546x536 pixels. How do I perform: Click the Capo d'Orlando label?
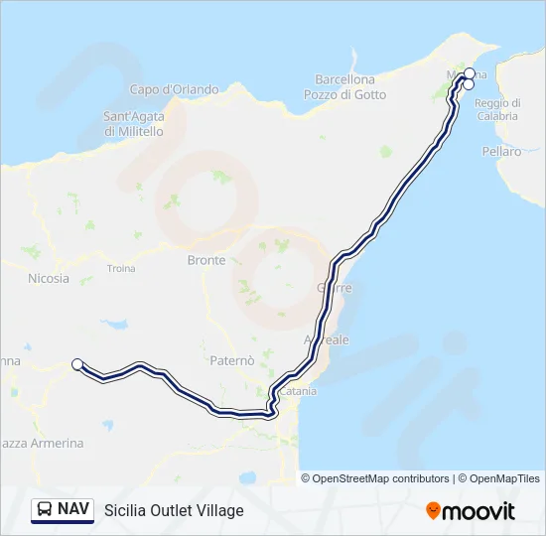174,89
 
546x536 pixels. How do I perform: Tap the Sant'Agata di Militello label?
134,123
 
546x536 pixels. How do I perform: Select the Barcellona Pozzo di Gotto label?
344,87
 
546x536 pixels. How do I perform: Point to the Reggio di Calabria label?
496,109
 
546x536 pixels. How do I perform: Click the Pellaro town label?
501,152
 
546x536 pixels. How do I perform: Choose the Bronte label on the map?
206,260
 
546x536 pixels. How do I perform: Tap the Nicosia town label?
49,278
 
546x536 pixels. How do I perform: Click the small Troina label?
121,268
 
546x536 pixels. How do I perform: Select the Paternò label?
233,359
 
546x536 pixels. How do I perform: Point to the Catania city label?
298,391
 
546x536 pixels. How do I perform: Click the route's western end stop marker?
77,364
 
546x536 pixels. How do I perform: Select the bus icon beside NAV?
45,510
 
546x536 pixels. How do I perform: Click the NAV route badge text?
71,510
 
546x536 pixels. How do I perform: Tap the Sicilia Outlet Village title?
174,511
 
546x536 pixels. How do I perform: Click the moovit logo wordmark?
479,511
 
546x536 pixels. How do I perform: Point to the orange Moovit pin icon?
433,511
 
